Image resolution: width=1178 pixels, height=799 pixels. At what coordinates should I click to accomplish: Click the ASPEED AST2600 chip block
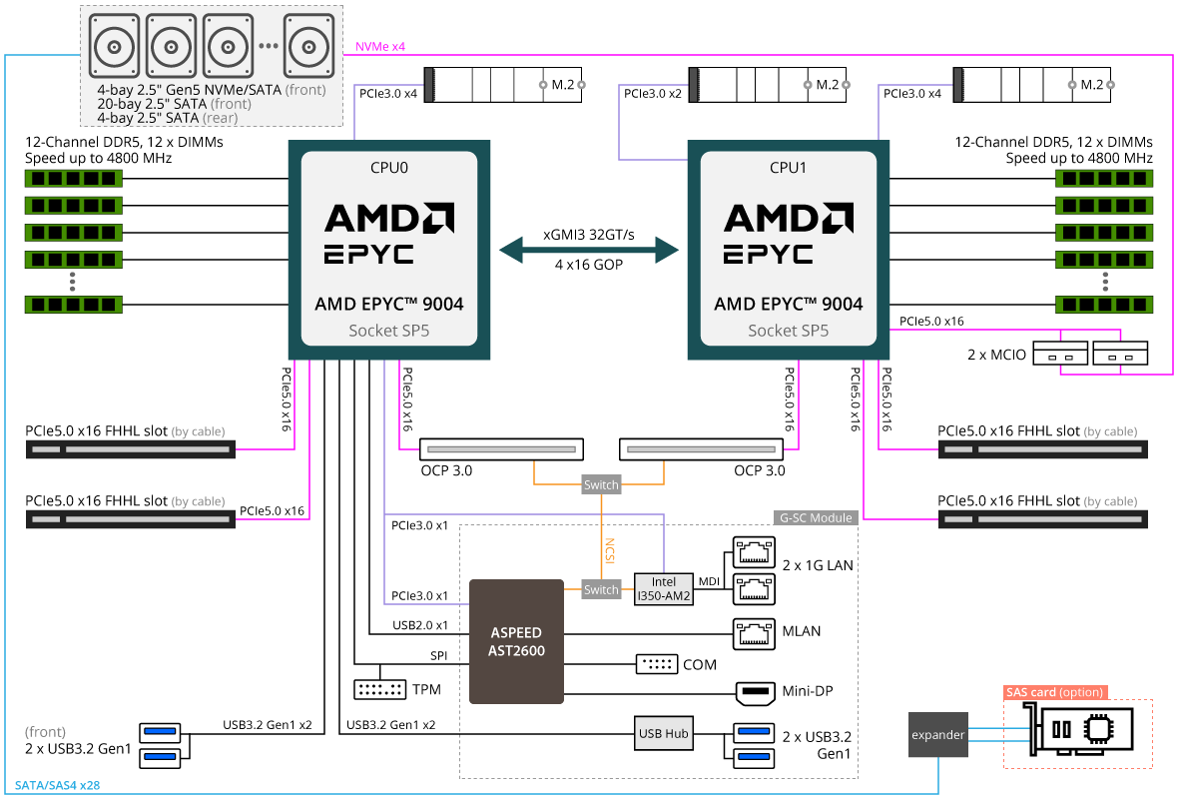(516, 640)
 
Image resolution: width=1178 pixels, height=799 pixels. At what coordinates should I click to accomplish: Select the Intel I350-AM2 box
(663, 589)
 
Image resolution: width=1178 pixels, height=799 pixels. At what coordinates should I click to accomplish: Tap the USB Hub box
(663, 734)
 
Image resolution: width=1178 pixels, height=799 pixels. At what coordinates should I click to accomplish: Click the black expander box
(937, 735)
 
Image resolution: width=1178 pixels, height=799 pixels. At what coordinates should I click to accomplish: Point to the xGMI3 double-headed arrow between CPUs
(588, 249)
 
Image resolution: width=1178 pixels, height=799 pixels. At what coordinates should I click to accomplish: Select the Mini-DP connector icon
(755, 691)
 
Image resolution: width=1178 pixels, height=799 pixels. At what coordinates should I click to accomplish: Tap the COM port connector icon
(656, 664)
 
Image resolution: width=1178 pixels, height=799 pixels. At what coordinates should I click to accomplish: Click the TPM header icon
(379, 689)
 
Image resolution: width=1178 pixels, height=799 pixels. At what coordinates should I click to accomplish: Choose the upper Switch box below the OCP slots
(601, 485)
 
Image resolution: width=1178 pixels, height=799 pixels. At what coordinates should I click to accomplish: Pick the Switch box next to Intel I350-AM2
(601, 589)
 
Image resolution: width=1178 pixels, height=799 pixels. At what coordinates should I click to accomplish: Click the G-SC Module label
(816, 517)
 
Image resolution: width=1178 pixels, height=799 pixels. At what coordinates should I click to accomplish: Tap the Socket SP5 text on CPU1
(788, 331)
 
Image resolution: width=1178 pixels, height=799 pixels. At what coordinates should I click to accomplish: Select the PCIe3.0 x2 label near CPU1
(654, 93)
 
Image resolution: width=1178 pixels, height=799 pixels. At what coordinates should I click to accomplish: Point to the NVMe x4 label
(380, 47)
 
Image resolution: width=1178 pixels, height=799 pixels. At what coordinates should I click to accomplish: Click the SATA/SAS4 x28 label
(57, 785)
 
